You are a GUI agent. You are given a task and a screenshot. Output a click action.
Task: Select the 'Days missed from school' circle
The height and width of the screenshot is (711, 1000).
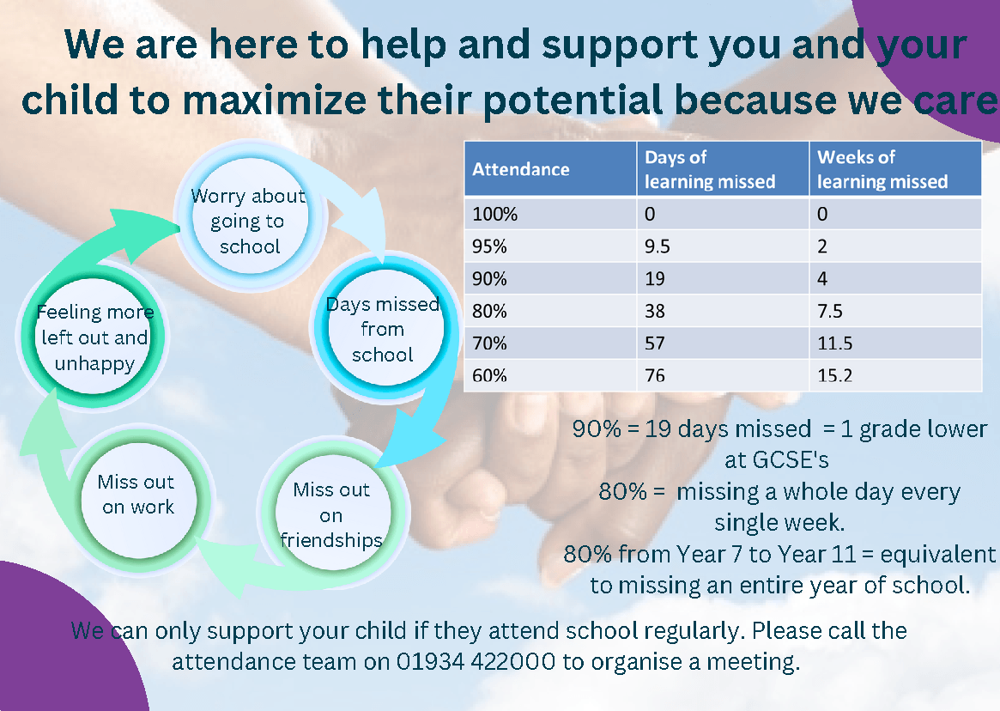(x=384, y=328)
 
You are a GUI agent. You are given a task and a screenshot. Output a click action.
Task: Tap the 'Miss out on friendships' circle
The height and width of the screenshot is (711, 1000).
(x=332, y=513)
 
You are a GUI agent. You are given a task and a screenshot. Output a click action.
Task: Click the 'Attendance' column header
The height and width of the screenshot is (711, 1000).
(x=550, y=168)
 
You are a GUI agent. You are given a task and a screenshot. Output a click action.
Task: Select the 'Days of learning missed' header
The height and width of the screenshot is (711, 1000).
(x=723, y=168)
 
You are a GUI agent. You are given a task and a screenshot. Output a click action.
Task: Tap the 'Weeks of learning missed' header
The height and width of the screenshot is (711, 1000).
(x=895, y=168)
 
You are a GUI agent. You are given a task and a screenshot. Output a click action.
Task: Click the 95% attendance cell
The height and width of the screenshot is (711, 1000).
(x=550, y=246)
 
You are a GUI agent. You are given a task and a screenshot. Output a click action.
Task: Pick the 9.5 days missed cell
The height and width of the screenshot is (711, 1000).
(x=723, y=246)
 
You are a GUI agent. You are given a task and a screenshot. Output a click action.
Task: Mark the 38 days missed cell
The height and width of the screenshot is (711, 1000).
(x=723, y=311)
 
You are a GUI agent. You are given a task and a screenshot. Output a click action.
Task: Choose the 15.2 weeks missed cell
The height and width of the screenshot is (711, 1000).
(x=895, y=375)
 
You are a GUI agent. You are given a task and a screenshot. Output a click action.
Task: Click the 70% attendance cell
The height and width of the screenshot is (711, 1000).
(x=550, y=343)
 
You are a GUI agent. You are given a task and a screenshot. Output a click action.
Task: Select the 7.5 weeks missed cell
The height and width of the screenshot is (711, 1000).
(x=895, y=311)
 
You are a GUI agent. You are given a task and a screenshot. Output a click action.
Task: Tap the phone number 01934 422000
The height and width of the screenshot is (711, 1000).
(x=476, y=661)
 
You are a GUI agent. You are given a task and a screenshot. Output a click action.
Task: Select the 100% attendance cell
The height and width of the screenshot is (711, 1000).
(x=550, y=214)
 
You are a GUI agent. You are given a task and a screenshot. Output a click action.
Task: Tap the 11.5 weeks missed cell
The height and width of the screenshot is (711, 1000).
(x=895, y=343)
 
